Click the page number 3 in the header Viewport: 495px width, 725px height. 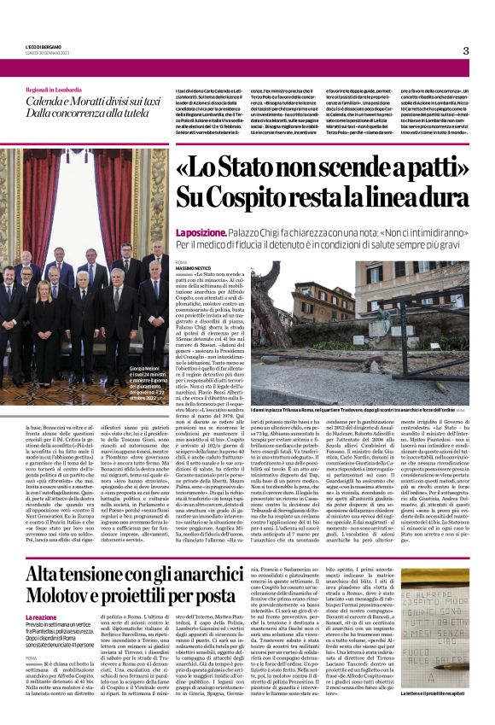pos(465,50)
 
